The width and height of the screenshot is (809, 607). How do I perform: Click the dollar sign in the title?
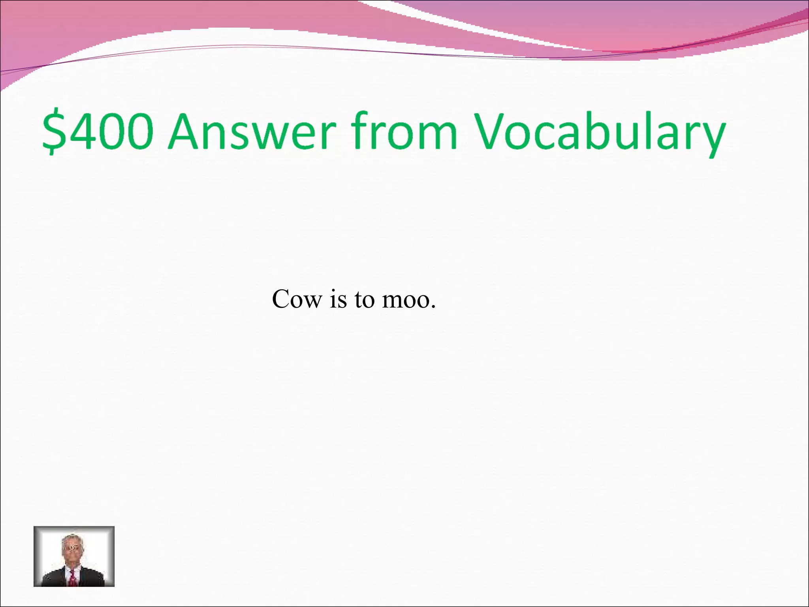(x=54, y=131)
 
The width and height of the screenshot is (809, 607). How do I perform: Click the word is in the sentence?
(x=338, y=299)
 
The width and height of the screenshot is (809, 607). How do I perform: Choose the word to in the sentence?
(x=364, y=299)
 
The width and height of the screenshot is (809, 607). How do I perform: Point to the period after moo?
(x=433, y=307)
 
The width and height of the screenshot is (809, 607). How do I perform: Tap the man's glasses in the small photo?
(x=72, y=549)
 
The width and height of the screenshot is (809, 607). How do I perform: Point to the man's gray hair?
(x=71, y=539)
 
